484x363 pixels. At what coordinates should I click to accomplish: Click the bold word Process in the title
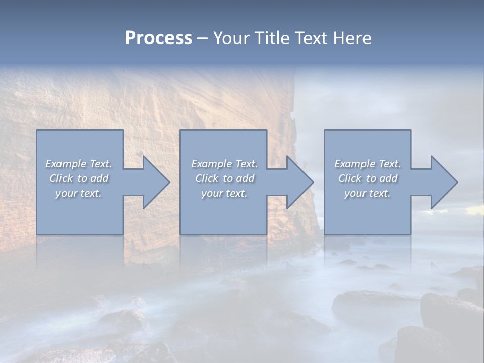158,38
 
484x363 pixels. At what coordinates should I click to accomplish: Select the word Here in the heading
352,38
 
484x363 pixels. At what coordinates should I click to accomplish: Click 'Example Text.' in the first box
79,164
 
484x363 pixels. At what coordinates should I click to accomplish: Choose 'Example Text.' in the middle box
224,164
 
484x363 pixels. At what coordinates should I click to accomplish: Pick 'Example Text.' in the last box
367,164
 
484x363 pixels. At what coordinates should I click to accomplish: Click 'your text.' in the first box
79,193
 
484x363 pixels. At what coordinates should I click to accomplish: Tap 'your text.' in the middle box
224,193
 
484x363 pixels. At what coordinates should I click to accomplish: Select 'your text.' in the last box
367,193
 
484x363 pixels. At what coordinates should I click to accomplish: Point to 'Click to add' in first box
79,178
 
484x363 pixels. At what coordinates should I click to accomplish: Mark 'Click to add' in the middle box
224,178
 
